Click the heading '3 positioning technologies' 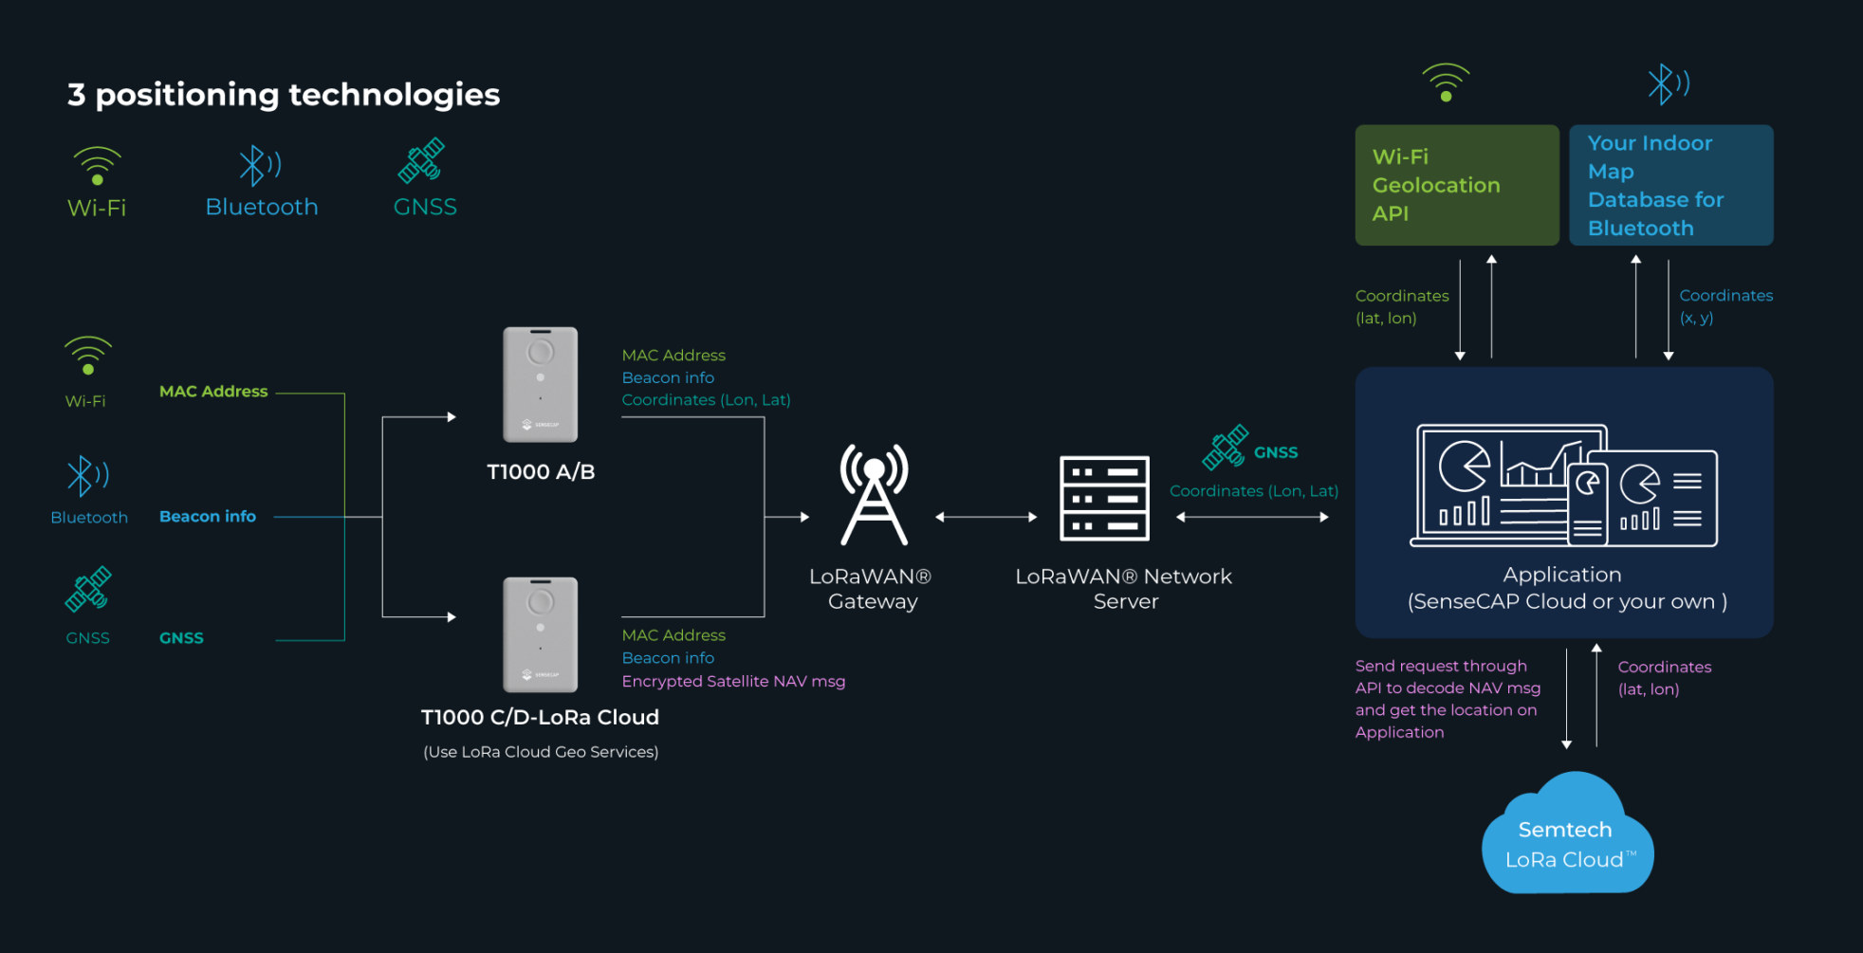point(284,95)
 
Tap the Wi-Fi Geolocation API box point(1457,185)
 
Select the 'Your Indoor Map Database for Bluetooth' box point(1671,185)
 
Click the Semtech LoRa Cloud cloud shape point(1567,834)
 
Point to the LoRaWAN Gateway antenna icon point(874,494)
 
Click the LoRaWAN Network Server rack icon point(1104,498)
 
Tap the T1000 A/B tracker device point(541,384)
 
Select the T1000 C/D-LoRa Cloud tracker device point(541,634)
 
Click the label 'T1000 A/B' point(541,472)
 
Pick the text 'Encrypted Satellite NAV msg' point(733,681)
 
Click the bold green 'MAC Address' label point(213,391)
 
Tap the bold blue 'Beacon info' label point(208,516)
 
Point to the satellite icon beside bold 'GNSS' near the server point(1226,447)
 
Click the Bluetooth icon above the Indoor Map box point(1668,83)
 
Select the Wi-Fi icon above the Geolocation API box point(1446,82)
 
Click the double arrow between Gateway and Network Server point(987,517)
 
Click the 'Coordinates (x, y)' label point(1725,306)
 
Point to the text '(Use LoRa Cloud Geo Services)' point(541,752)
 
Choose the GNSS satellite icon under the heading point(421,160)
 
